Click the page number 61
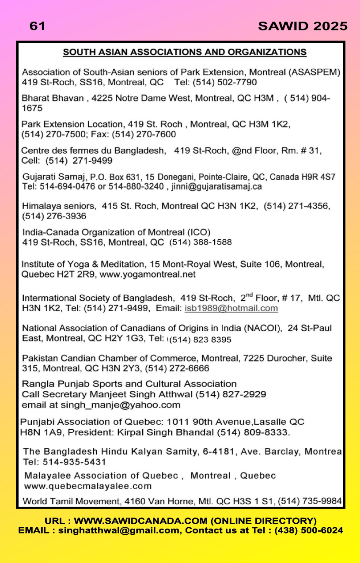pyautogui.click(x=37, y=26)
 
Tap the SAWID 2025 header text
pyautogui.click(x=303, y=26)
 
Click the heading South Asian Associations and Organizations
pyautogui.click(x=185, y=52)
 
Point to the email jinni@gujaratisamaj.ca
pyautogui.click(x=216, y=186)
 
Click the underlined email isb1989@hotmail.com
pyautogui.click(x=231, y=308)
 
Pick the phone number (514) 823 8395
pyautogui.click(x=201, y=340)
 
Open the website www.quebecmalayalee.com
pyautogui.click(x=87, y=486)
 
